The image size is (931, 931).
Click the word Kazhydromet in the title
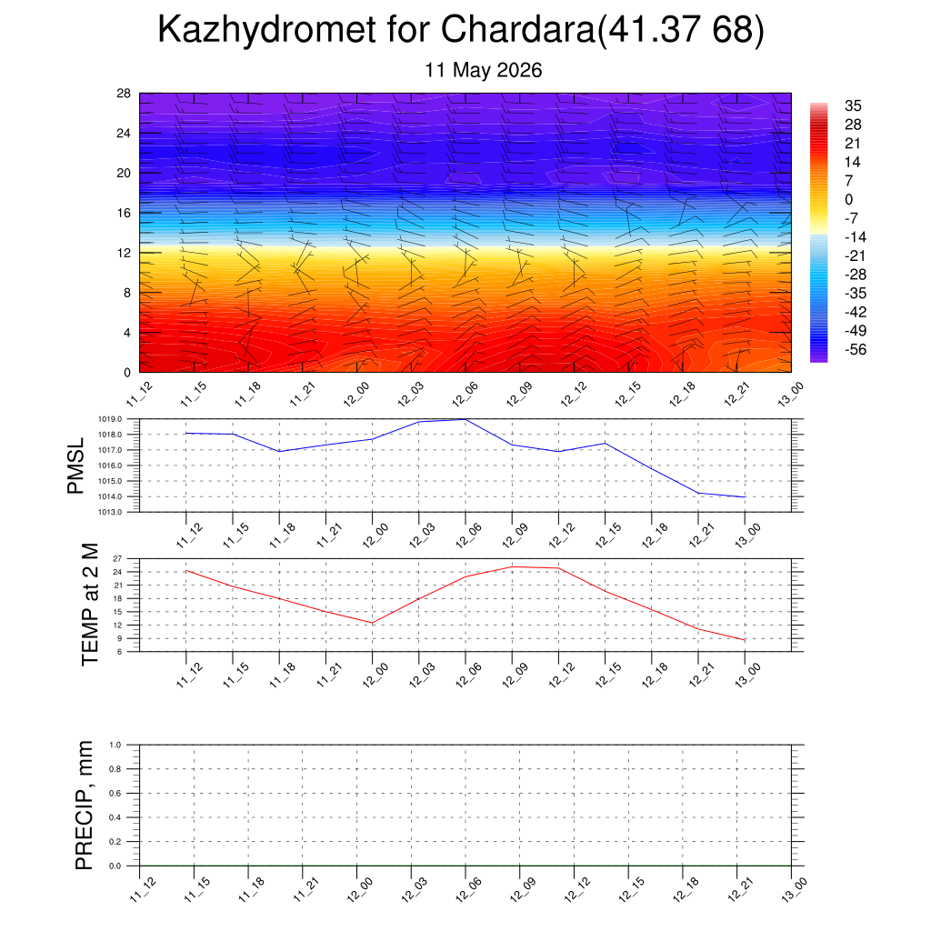tap(266, 30)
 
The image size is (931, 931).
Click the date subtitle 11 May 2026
tap(484, 70)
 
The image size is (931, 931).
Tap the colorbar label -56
tap(855, 349)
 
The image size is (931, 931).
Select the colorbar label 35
tap(853, 105)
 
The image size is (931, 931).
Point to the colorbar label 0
tap(848, 199)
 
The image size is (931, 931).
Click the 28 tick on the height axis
tap(124, 94)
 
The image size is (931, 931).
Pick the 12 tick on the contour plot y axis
tap(124, 253)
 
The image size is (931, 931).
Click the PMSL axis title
tap(75, 466)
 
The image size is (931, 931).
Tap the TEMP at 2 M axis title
tap(90, 605)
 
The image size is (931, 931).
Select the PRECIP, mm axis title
tap(85, 806)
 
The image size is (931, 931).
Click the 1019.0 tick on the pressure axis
tap(110, 419)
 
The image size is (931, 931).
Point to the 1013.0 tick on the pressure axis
tap(110, 512)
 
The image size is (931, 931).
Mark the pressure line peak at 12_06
tap(465, 420)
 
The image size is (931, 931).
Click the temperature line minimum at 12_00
tap(372, 623)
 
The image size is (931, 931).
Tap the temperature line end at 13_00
tap(745, 640)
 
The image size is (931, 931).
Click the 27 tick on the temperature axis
tap(117, 559)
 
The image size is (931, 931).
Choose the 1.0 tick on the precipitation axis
tap(115, 745)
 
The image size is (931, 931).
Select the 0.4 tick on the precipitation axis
tap(115, 817)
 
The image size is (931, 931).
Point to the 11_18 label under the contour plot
tap(248, 395)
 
